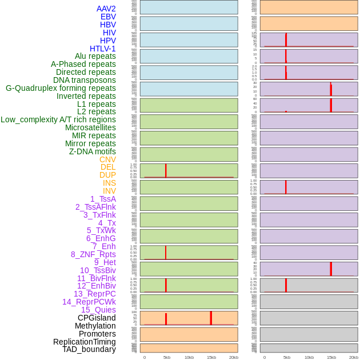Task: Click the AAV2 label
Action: [x=106, y=9]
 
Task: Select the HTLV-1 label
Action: [x=102, y=49]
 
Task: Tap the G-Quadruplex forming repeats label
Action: [x=61, y=88]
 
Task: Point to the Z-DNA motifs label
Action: [x=93, y=151]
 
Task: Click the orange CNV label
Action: [x=107, y=159]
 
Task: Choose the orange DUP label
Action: [x=107, y=175]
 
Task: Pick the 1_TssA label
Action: [x=103, y=199]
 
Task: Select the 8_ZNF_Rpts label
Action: [x=93, y=254]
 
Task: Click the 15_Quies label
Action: [x=98, y=310]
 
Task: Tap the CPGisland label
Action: [x=97, y=318]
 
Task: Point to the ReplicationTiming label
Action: [x=85, y=342]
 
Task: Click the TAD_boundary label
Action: [x=89, y=349]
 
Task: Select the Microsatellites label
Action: [x=90, y=127]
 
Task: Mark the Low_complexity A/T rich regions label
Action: [x=58, y=119]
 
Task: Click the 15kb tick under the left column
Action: [x=211, y=357]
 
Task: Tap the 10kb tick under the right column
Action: [x=309, y=357]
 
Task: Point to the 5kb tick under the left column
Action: [x=166, y=357]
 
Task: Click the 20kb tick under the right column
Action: [x=353, y=357]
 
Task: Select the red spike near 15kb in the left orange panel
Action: [x=211, y=318]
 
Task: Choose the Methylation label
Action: [x=95, y=326]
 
